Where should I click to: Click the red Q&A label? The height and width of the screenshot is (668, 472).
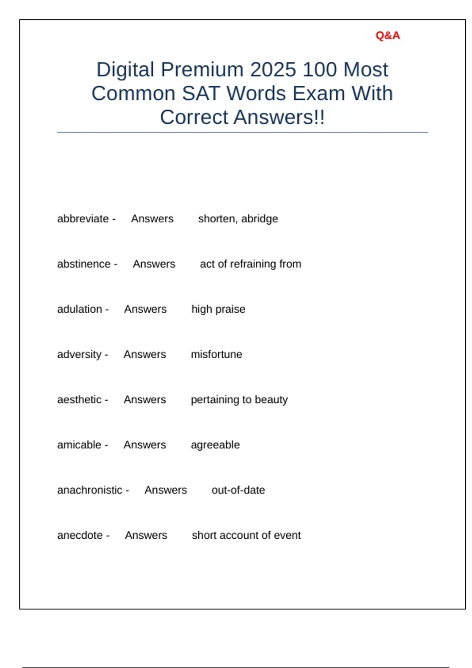click(387, 36)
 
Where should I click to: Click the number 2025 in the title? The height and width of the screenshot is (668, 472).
click(273, 70)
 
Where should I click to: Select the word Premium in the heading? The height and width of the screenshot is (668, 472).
click(203, 70)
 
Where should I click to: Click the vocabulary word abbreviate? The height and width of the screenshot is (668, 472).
click(83, 219)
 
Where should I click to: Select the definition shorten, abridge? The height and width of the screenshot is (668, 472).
click(238, 219)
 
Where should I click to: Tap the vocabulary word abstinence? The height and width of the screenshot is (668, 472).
click(84, 264)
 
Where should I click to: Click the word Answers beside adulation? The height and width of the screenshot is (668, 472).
click(145, 309)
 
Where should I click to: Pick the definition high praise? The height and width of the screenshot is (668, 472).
click(218, 309)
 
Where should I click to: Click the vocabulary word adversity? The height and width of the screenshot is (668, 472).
click(79, 354)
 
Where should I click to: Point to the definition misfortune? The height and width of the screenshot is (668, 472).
click(216, 354)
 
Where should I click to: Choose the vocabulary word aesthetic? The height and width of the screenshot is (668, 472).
click(79, 400)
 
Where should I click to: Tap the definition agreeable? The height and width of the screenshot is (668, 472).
click(215, 445)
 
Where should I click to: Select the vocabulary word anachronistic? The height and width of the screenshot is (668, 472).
click(90, 490)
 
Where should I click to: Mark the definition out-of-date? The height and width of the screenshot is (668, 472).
click(238, 490)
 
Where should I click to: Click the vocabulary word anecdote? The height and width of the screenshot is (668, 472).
click(80, 535)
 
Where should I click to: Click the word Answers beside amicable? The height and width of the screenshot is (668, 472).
click(145, 445)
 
